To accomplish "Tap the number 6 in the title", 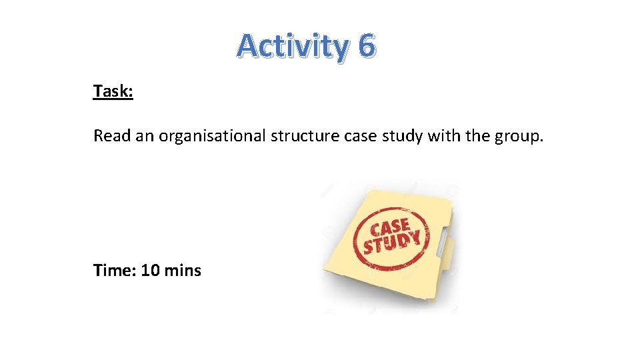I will [367, 46].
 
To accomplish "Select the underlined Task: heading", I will [113, 91].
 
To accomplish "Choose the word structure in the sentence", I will [305, 136].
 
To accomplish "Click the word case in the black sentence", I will [360, 136].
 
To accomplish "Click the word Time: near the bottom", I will [115, 270].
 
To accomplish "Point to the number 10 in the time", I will [151, 270].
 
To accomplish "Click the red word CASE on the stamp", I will [390, 227].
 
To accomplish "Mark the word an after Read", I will [142, 136].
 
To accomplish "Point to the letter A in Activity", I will [247, 46].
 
